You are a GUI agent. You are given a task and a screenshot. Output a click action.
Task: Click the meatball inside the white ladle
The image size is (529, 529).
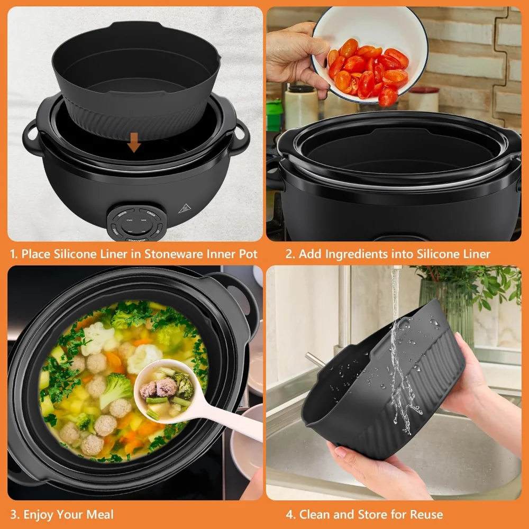tap(165, 388)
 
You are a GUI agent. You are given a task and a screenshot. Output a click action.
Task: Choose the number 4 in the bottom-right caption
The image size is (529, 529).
tap(289, 514)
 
